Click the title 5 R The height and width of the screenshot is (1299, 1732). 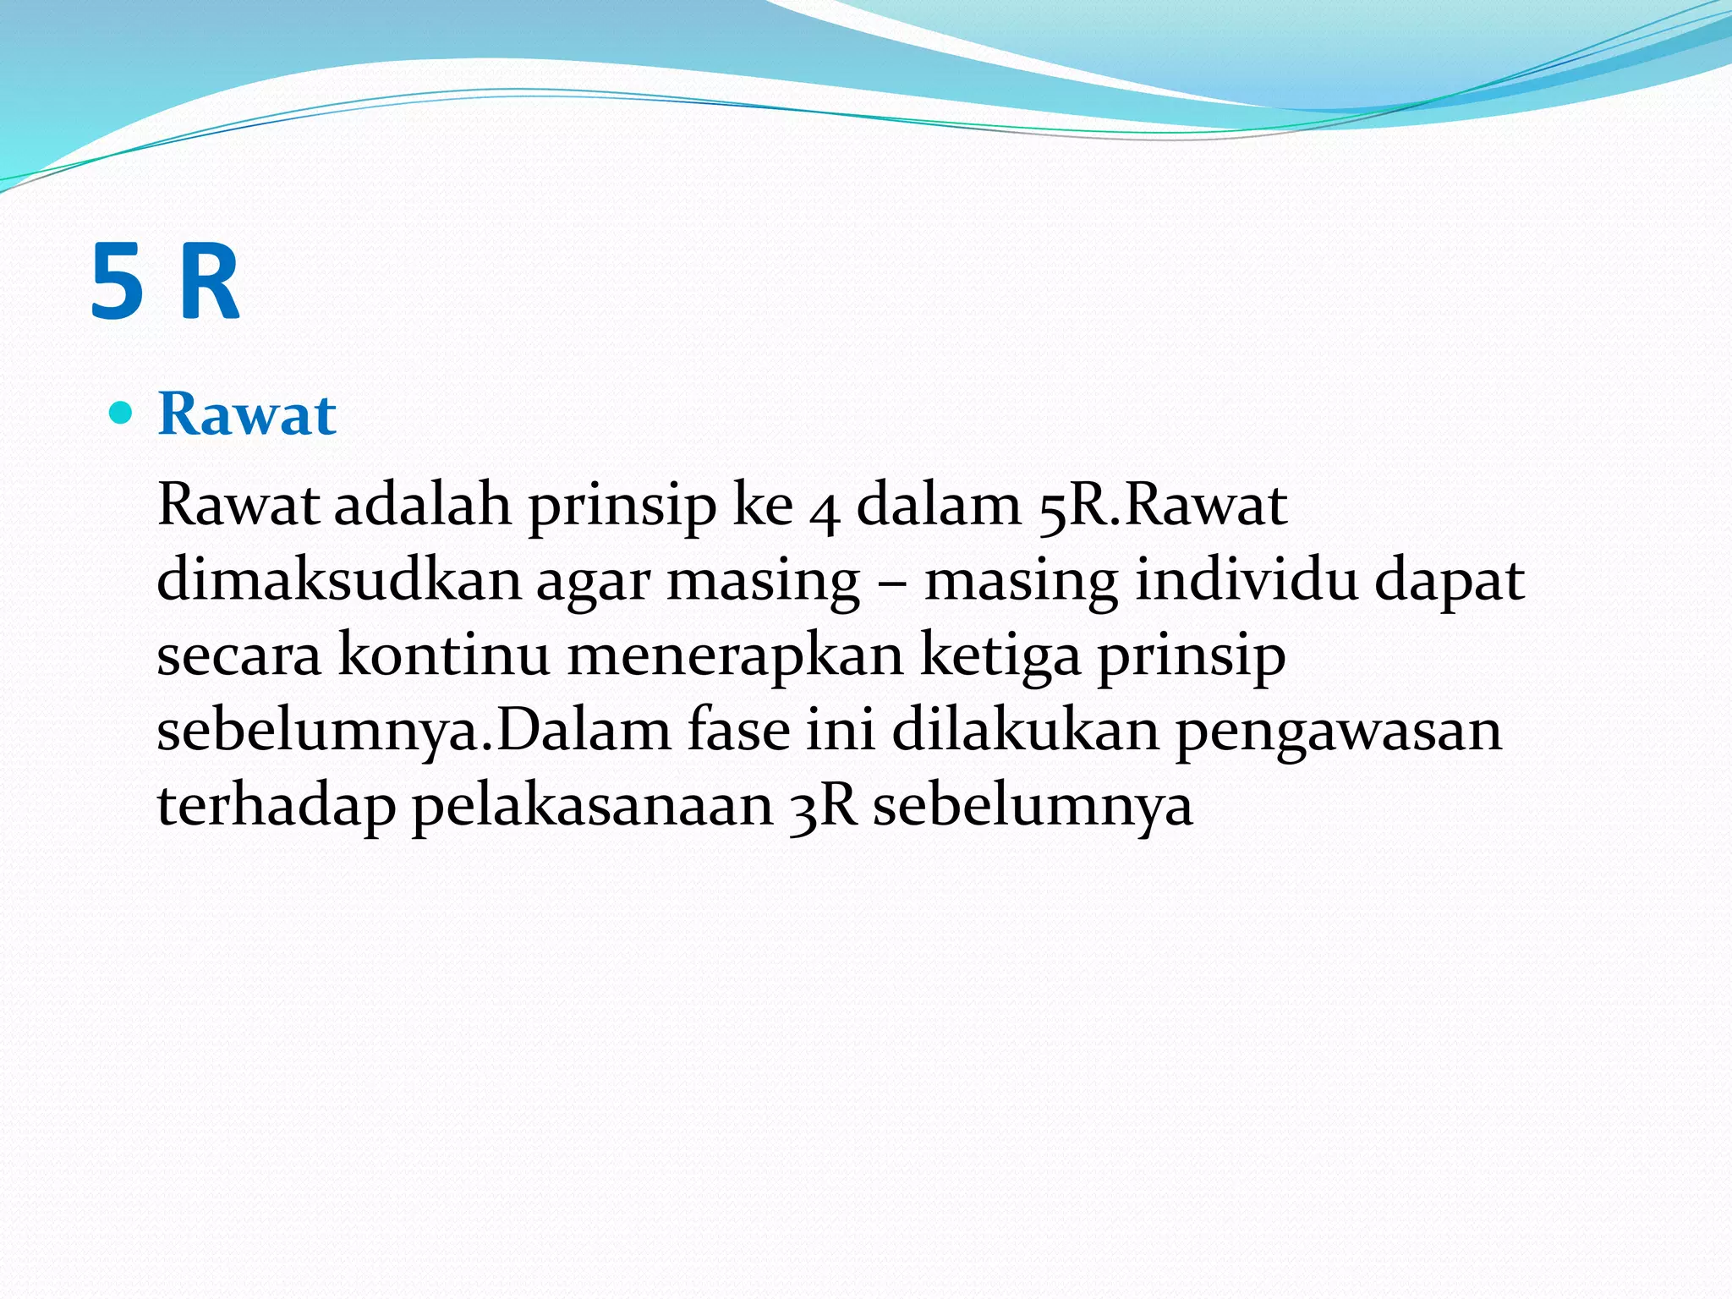[165, 282]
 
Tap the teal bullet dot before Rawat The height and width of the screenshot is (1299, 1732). [122, 413]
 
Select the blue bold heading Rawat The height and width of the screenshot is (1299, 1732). [247, 414]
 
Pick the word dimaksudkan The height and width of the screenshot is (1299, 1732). [338, 580]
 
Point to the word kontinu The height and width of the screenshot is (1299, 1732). [444, 655]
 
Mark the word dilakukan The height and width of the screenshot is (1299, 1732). [1026, 729]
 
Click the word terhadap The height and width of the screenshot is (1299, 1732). [277, 805]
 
